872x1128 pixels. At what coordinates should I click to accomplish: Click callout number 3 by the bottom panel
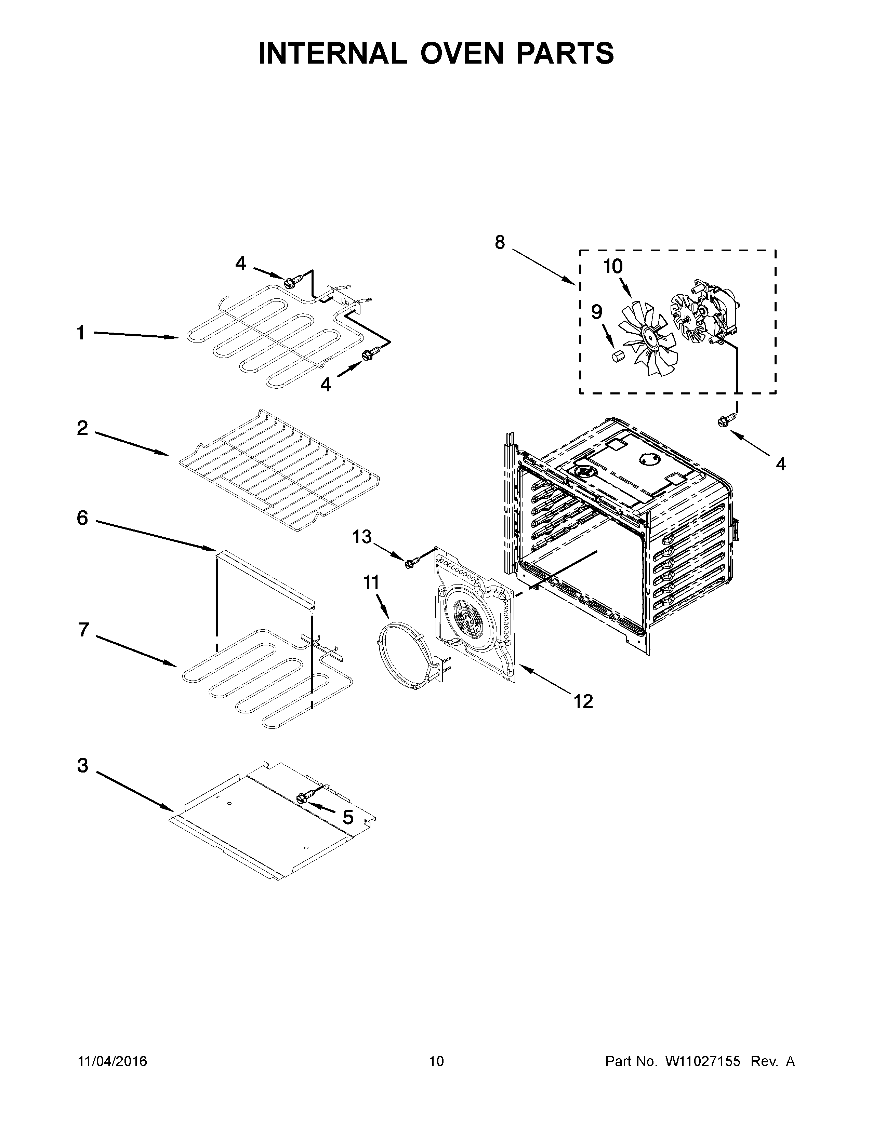pos(83,765)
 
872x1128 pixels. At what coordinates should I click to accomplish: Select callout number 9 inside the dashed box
pos(596,312)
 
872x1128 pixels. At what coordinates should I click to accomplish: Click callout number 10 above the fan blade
pos(613,267)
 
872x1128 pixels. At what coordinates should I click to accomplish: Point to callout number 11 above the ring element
pos(371,582)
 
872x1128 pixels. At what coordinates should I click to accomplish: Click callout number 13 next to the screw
pos(361,537)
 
